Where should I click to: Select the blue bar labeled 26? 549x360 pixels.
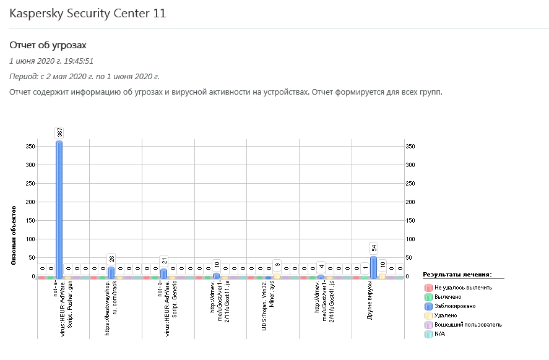click(x=111, y=272)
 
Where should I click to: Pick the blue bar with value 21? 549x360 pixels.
click(x=163, y=273)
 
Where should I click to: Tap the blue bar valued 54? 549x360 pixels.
click(x=373, y=267)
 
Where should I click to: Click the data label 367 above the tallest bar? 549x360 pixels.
click(x=60, y=132)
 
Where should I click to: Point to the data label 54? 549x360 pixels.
click(x=374, y=248)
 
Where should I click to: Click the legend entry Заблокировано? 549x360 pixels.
click(x=455, y=306)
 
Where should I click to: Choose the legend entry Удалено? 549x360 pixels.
click(x=447, y=315)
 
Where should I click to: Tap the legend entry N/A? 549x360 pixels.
click(x=440, y=333)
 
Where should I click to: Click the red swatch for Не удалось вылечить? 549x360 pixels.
click(x=428, y=287)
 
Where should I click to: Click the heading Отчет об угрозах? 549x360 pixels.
click(x=48, y=45)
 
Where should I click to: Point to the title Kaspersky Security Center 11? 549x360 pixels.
click(x=88, y=13)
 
